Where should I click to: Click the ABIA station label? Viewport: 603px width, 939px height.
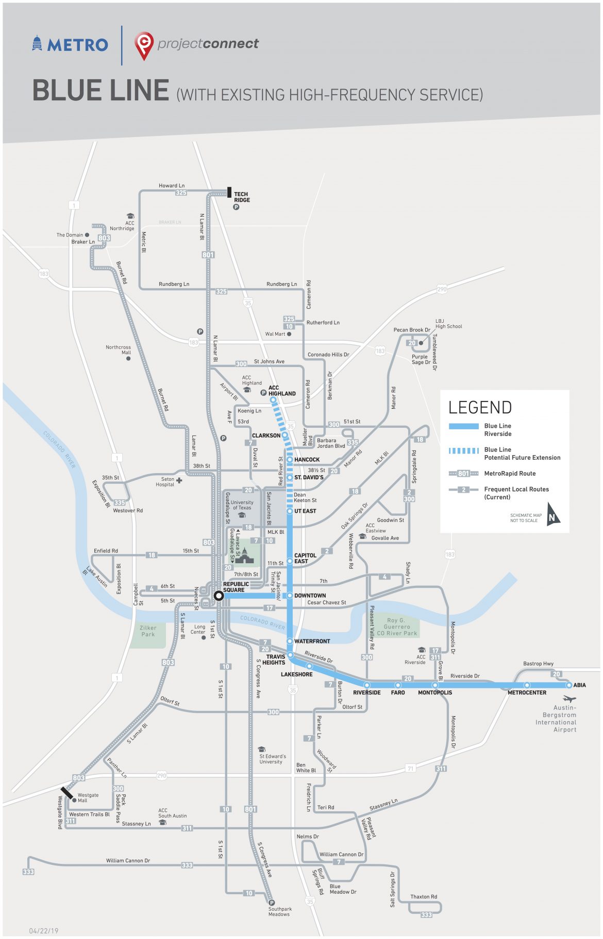point(580,685)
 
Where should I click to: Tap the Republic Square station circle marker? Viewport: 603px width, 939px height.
point(219,596)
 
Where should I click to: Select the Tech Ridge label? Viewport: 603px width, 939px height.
point(242,197)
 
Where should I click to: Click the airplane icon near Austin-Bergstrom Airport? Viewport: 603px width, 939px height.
point(569,699)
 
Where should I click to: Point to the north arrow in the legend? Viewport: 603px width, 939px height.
point(552,514)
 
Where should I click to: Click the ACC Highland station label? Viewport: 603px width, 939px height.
point(282,391)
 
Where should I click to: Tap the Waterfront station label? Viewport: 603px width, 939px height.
point(312,641)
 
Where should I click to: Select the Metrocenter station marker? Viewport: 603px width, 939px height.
point(527,685)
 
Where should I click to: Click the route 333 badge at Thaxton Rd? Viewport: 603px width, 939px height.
point(426,914)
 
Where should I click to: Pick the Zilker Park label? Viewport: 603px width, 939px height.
point(148,631)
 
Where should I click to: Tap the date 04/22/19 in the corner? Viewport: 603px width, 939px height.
point(44,931)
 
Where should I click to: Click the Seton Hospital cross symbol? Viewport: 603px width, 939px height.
point(179,480)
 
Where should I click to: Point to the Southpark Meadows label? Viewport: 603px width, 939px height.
point(279,912)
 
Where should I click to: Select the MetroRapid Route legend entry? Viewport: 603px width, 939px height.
point(509,473)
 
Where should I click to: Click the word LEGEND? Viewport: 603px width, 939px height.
point(480,408)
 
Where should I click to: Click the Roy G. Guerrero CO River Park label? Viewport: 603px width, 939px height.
point(396,627)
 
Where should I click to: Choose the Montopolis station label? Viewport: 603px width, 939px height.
point(435,692)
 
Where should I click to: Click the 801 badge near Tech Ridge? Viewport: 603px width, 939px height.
point(208,255)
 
